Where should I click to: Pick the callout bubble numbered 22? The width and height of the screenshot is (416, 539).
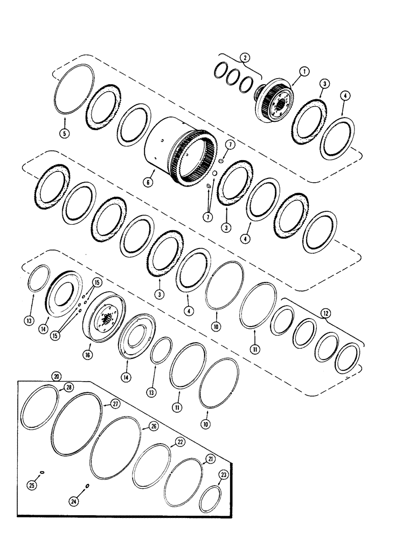[179, 441]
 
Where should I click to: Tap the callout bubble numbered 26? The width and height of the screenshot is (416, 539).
[154, 426]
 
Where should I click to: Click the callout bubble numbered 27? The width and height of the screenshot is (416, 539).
[115, 403]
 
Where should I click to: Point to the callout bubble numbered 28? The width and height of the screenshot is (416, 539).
[69, 388]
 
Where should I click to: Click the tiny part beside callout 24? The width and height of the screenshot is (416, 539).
[87, 486]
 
